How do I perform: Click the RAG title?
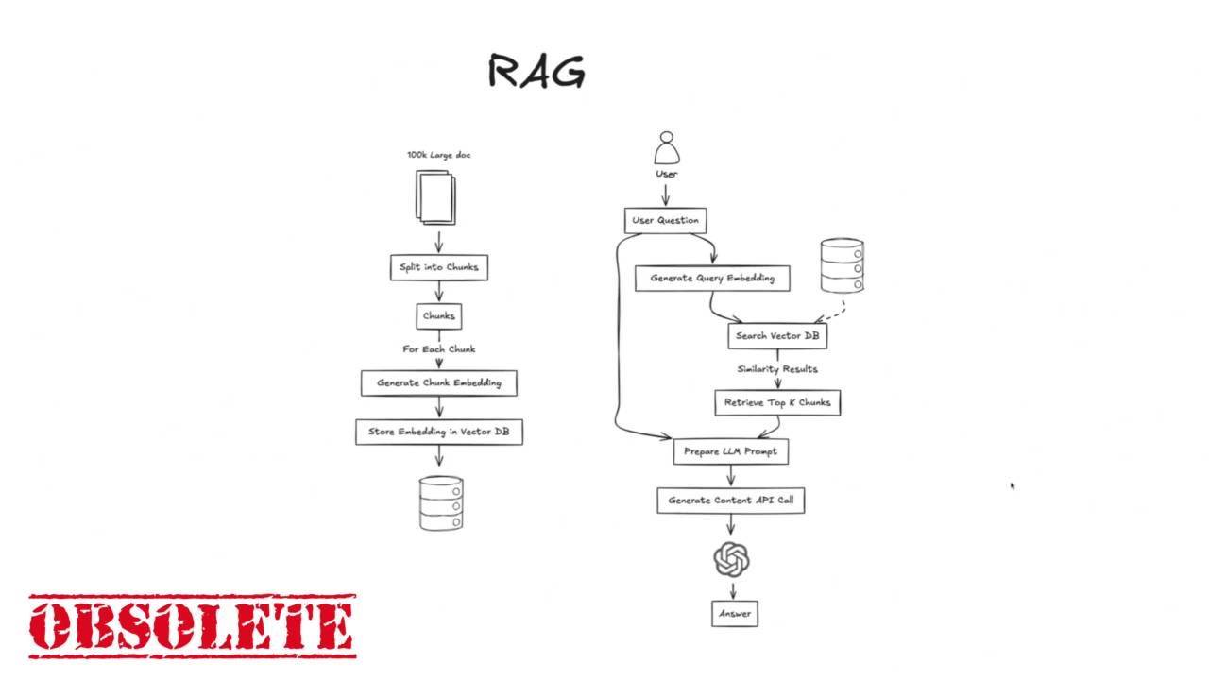536,71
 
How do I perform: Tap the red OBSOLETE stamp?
193,626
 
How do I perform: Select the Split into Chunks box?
439,267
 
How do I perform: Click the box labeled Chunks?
439,316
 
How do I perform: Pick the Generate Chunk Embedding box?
439,383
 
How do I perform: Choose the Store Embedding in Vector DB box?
439,433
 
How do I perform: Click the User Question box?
666,221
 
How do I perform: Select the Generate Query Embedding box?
712,279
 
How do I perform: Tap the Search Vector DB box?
777,336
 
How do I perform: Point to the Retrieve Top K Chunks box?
777,402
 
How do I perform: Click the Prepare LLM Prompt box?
731,451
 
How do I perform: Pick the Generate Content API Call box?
731,501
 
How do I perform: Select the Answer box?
735,614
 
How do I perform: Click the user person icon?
667,148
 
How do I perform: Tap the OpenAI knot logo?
731,559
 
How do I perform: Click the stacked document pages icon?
435,197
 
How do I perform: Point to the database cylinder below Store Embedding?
441,503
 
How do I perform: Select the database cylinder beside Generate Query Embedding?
842,265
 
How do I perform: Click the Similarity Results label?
777,369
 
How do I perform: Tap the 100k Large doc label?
439,156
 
